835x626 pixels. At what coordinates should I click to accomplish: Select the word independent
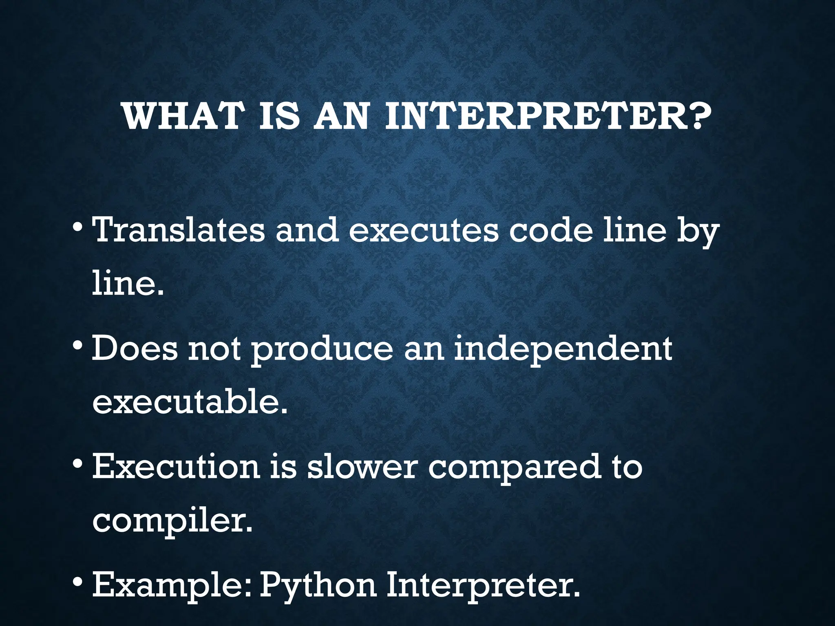(563, 350)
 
